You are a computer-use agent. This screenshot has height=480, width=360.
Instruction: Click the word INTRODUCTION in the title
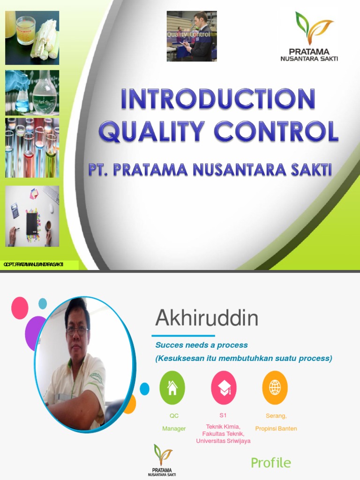point(218,100)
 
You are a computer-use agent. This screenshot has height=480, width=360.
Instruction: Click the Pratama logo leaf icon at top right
point(313,28)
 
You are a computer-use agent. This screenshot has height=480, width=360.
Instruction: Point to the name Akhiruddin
point(207,319)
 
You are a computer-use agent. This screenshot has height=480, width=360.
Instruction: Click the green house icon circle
point(172,388)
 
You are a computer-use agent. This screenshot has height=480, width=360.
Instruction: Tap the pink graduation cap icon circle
point(224,388)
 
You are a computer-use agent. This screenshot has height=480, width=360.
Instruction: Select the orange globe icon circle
point(275,388)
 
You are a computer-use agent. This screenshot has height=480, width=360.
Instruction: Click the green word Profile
point(271,463)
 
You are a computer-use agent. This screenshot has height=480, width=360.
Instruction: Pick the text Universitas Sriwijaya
point(223,441)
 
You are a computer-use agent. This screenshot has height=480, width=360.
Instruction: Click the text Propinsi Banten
point(276,428)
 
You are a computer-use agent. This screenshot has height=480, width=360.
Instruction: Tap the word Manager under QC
point(174,428)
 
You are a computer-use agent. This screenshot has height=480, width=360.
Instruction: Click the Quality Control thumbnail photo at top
point(192,36)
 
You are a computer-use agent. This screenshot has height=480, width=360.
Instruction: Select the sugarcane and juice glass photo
point(32,37)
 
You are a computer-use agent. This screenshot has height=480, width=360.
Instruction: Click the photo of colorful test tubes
point(32,148)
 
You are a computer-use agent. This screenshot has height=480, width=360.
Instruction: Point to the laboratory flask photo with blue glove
point(32,92)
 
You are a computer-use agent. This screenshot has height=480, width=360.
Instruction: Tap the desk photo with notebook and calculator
point(32,216)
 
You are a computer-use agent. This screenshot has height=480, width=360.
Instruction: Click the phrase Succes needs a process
point(202,345)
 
